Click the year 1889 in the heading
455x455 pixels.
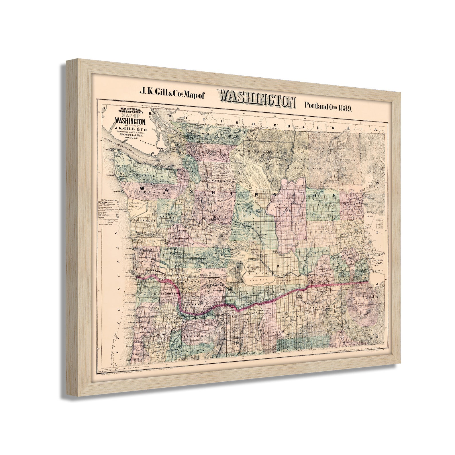(x=345, y=108)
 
